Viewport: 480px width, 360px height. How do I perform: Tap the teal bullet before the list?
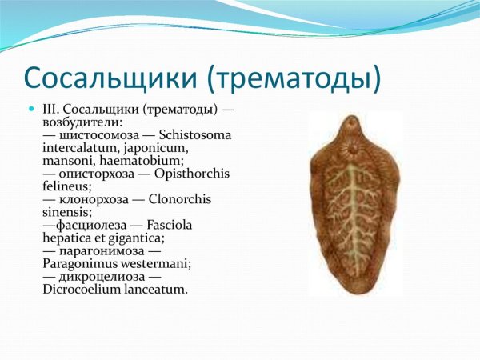pos(32,108)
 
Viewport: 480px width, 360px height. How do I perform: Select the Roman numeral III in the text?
pos(52,107)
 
